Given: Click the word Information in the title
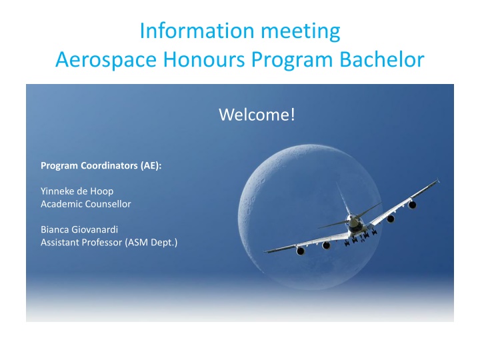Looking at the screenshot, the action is tap(197, 31).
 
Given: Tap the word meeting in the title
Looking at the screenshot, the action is tap(300, 32).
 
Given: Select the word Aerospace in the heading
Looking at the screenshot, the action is tap(106, 59).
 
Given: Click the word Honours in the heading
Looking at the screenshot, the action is tap(204, 59).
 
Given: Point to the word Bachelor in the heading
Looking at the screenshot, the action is tap(382, 59).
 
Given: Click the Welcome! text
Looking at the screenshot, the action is tap(257, 115).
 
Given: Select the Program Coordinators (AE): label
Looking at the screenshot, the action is tap(101, 165).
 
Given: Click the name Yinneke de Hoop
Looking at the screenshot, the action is tap(77, 191).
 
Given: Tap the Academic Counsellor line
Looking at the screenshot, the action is tap(86, 204).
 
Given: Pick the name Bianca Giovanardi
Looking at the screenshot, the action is tap(79, 229).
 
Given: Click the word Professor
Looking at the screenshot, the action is tap(102, 243).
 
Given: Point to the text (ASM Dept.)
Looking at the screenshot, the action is tap(151, 243).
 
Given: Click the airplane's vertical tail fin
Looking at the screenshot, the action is tap(343, 199).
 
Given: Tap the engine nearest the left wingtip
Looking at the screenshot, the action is tap(300, 251).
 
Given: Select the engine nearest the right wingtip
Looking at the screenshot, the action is tap(412, 205).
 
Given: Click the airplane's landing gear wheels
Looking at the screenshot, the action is tap(361, 238).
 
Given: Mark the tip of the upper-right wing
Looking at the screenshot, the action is tap(439, 180).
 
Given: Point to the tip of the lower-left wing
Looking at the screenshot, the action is tap(265, 251).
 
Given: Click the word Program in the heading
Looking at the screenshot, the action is tap(292, 60).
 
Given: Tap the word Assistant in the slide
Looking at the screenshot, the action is tap(60, 243).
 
